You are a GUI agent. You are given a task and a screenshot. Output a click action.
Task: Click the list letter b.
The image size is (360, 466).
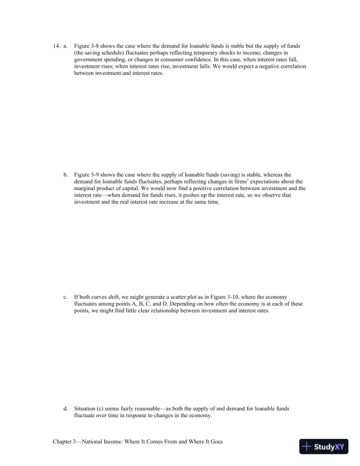(x=65, y=175)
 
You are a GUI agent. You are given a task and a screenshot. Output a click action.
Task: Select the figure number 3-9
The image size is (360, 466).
(x=95, y=175)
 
